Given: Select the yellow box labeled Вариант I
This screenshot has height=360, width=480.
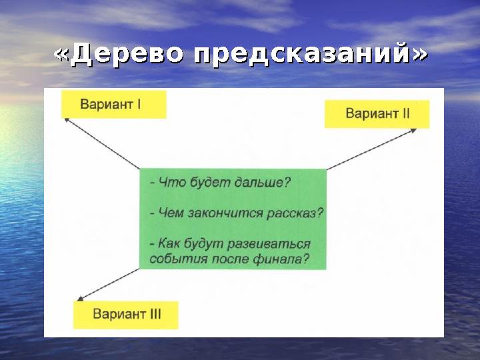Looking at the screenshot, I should coord(113,105).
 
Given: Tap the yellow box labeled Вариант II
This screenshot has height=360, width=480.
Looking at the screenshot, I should coord(377,113).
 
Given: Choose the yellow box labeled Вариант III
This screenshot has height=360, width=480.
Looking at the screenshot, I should coord(126,314).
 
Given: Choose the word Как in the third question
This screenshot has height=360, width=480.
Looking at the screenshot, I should coord(169,245).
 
